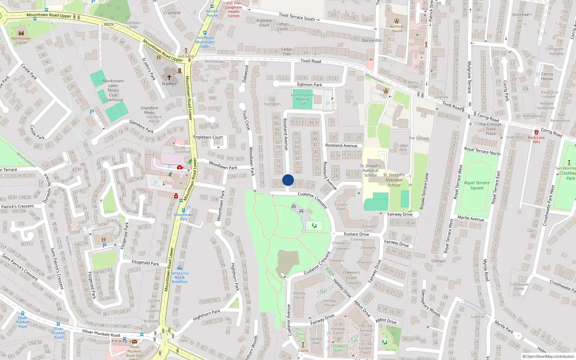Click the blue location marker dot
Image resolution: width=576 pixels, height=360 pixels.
point(288,180)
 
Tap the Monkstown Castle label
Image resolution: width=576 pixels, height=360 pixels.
point(21,40)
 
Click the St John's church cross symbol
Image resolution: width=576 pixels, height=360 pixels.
point(169,77)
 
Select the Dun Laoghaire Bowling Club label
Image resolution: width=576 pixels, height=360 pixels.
point(302,99)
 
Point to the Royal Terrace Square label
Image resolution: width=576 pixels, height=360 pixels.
point(477,185)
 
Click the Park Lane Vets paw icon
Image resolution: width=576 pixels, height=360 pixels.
point(536,132)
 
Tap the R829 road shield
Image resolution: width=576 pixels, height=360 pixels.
point(109,24)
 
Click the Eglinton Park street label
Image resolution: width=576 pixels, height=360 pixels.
point(310,85)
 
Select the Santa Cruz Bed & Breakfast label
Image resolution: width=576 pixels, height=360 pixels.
point(180,277)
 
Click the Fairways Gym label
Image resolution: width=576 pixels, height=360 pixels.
point(338,348)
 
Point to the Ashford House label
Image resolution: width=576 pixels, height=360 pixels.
point(397,28)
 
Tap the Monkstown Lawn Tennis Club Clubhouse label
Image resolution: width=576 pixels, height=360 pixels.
point(113,90)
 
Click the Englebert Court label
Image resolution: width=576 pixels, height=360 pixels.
point(208,137)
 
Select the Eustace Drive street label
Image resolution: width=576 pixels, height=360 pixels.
point(356,234)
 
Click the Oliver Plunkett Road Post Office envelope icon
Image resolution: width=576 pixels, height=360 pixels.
point(135,342)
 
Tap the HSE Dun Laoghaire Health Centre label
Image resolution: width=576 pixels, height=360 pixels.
point(234,9)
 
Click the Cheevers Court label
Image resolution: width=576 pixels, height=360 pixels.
point(351,275)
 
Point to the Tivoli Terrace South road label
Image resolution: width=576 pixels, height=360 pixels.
point(297,17)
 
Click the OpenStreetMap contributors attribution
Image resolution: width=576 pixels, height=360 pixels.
point(548,356)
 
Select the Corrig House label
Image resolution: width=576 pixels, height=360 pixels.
point(546,76)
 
